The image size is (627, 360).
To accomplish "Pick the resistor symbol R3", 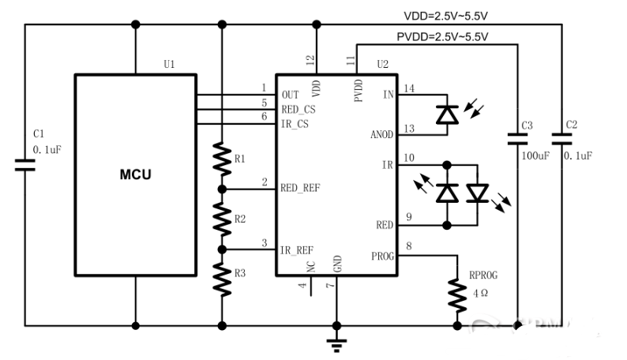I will (223, 278).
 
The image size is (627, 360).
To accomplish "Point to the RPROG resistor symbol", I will (456, 294).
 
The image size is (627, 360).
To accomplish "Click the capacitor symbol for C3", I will (518, 139).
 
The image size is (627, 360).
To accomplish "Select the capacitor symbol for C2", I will (561, 139).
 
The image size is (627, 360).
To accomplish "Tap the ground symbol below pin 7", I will (337, 341).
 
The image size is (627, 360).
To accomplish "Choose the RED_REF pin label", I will (300, 188).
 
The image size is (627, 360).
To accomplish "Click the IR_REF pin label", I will (296, 250).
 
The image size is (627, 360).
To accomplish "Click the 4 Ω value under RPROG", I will (481, 292).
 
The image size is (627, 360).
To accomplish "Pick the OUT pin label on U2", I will (289, 95).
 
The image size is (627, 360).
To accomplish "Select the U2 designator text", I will (383, 63).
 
